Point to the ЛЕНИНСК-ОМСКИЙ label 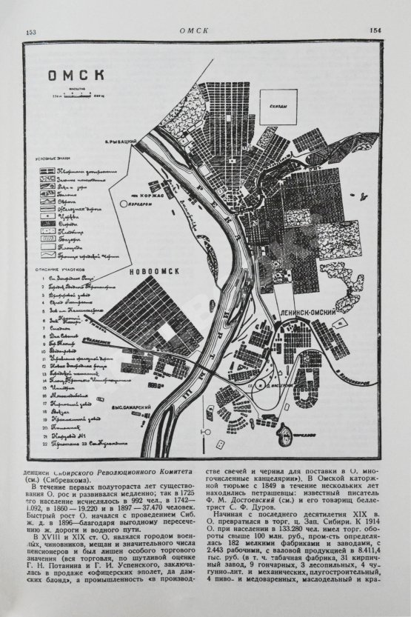308,315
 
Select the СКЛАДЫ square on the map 279,106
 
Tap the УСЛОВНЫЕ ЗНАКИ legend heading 53,158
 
